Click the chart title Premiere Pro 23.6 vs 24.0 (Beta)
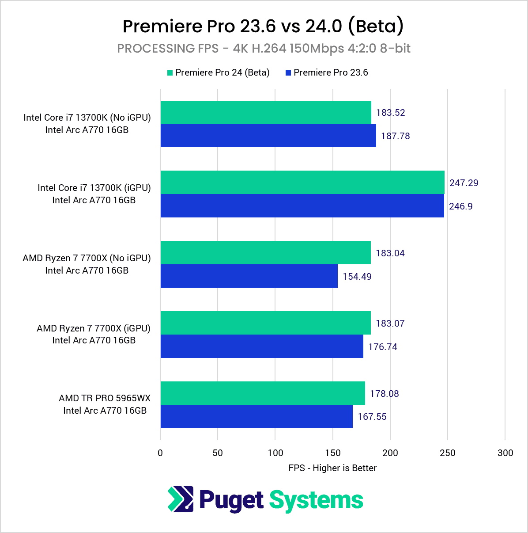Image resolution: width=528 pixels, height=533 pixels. coord(263,26)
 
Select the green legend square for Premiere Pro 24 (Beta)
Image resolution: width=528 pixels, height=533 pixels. coord(170,73)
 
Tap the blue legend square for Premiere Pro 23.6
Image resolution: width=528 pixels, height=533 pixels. coord(288,73)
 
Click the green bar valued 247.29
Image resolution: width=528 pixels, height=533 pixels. coord(302,183)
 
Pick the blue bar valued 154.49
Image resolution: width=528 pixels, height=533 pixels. coord(249,276)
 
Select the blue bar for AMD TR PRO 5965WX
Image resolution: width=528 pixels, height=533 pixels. coord(256,417)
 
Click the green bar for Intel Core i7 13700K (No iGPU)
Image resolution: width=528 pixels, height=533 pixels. coord(266,113)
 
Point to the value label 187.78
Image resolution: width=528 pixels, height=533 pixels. coord(395,136)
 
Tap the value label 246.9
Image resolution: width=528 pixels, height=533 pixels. coord(460,206)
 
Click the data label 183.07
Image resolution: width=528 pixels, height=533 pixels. coord(390,324)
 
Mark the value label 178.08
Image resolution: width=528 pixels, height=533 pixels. coord(384,394)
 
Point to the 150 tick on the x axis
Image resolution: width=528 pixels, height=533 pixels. coord(333,453)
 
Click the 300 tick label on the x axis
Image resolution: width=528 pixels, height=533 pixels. coord(505,453)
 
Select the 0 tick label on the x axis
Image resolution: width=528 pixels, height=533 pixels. coord(160,453)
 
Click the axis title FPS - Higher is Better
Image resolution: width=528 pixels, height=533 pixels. coord(332,468)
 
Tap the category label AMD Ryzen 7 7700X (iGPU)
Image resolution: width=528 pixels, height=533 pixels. coord(94,328)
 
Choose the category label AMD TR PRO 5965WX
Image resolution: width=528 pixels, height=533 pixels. coord(105,398)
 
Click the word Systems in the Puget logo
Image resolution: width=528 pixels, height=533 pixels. coord(316,500)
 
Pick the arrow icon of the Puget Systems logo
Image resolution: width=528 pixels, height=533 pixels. coord(181,499)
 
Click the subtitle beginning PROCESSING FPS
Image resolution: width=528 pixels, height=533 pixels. coord(264,48)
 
